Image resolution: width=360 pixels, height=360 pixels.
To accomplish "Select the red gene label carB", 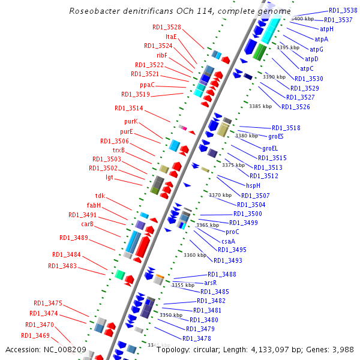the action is click(88, 224).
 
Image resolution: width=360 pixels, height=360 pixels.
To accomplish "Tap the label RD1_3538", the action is click(341, 11).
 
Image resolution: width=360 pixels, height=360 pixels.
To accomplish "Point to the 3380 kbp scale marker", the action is click(246, 136).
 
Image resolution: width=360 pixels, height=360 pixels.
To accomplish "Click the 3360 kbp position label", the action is click(195, 255).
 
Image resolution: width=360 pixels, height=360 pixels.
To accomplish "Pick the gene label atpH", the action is click(326, 29).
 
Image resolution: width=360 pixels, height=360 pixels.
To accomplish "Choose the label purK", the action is click(131, 121).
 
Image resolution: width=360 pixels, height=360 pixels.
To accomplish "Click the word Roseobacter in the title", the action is click(93, 11).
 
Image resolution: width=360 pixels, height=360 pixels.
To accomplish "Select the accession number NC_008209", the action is click(67, 349).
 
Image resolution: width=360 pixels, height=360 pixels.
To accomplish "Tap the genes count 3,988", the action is click(341, 349).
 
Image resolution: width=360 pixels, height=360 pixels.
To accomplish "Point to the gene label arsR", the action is click(210, 282).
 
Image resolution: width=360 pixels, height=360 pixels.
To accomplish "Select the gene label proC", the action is click(232, 232).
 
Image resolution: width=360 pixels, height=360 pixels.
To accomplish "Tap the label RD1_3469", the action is click(35, 335).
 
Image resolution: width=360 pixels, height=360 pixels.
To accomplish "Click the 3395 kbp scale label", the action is click(287, 47).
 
